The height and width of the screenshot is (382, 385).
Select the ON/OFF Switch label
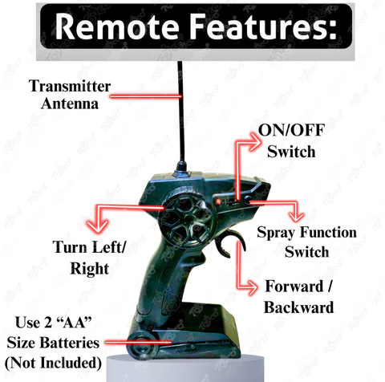tap(286, 140)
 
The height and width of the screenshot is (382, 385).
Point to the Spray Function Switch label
tap(306, 242)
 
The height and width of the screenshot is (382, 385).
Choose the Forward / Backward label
tap(298, 297)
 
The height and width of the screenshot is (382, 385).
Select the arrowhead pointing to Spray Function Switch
tap(298, 216)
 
